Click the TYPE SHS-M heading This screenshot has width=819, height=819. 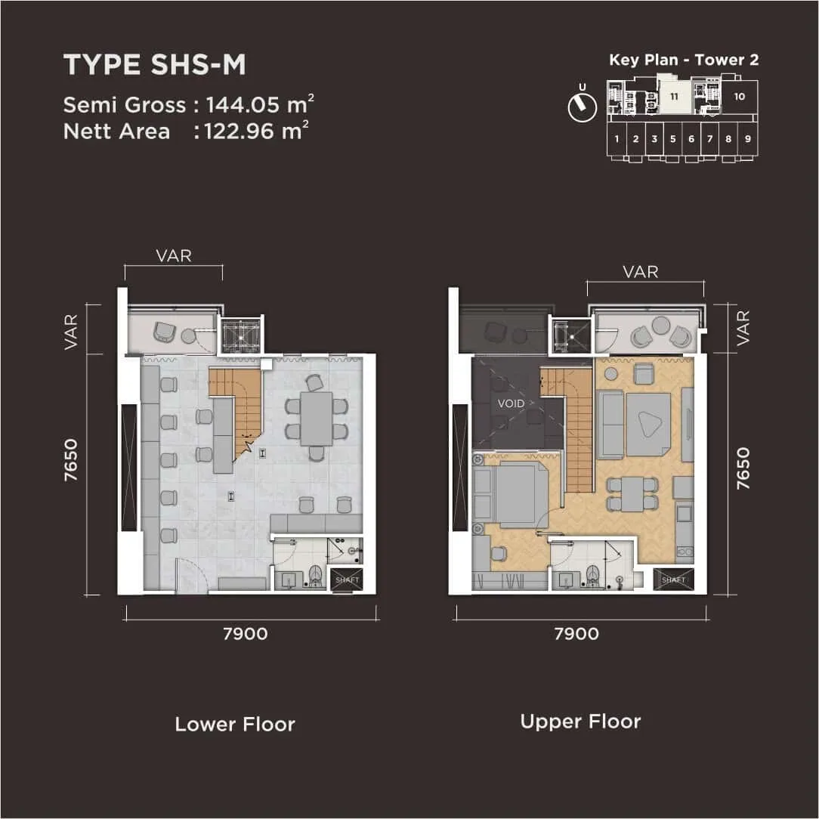[x=155, y=66]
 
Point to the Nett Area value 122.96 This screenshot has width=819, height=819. [x=243, y=131]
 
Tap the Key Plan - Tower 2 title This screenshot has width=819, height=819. [x=684, y=60]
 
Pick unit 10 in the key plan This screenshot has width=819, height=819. [x=740, y=97]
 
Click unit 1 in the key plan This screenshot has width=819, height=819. [x=617, y=139]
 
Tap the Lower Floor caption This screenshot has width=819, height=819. [x=235, y=725]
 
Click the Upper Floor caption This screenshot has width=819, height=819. [x=580, y=722]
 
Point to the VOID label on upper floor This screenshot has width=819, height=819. [x=511, y=403]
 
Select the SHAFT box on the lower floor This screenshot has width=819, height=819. [x=346, y=579]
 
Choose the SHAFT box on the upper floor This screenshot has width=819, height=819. [x=672, y=579]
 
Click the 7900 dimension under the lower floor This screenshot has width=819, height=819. [x=246, y=634]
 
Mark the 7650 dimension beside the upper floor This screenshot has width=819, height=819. [x=743, y=468]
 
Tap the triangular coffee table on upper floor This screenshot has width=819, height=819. [x=648, y=425]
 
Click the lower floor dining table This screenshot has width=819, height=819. [x=316, y=419]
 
